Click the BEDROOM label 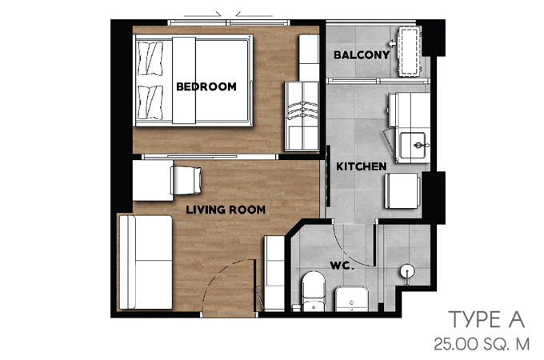[x=206, y=86]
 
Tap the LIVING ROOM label [x=226, y=210]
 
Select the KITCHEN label [x=361, y=166]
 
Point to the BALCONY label [x=362, y=54]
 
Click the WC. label [x=342, y=266]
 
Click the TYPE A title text [x=486, y=319]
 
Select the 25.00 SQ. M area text [x=482, y=344]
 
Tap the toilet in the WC [x=314, y=290]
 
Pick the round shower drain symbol [x=407, y=271]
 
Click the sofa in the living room [x=146, y=262]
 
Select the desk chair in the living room [x=186, y=180]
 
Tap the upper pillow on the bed [x=150, y=58]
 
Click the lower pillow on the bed [x=150, y=102]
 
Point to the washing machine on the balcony [x=410, y=51]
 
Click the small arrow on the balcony [x=392, y=43]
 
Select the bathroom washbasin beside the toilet [x=351, y=298]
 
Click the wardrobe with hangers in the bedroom [x=302, y=116]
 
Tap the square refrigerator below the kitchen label [x=402, y=190]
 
